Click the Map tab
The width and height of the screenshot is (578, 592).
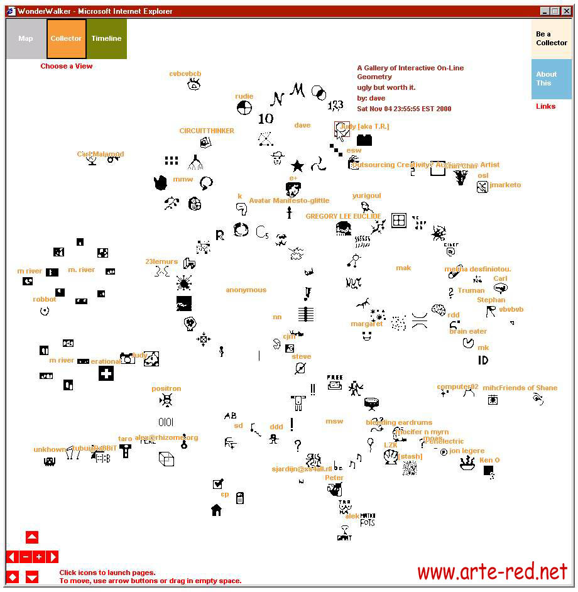(x=26, y=38)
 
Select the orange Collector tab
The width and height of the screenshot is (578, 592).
(x=66, y=38)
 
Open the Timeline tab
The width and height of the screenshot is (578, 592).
(x=106, y=38)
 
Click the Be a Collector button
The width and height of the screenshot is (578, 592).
(x=551, y=38)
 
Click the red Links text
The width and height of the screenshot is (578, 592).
(x=545, y=106)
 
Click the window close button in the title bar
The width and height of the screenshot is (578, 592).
(x=565, y=11)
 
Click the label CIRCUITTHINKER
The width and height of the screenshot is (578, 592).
(x=207, y=131)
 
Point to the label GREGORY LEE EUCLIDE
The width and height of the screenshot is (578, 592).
(x=343, y=216)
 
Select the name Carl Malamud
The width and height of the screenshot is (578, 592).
(x=101, y=154)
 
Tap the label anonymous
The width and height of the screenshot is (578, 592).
(x=246, y=290)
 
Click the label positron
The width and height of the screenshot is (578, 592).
(x=166, y=388)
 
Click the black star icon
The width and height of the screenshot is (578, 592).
(x=297, y=166)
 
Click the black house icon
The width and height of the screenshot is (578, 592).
(x=216, y=509)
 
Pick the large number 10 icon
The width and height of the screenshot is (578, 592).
(x=266, y=118)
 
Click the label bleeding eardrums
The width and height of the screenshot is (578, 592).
(x=398, y=422)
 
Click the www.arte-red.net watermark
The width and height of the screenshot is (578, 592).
(x=492, y=572)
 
